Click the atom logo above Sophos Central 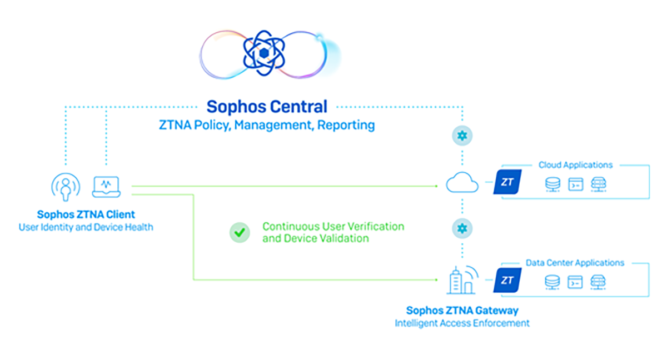pyautogui.click(x=264, y=53)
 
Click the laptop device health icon pyautogui.click(x=107, y=186)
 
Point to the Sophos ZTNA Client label pyautogui.click(x=86, y=214)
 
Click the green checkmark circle pyautogui.click(x=240, y=233)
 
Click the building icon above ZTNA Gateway pyautogui.click(x=461, y=279)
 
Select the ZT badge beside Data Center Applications pyautogui.click(x=507, y=280)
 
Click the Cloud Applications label pyautogui.click(x=575, y=165)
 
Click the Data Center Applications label pyautogui.click(x=575, y=263)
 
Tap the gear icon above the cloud pyautogui.click(x=462, y=136)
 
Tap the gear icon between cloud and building pyautogui.click(x=462, y=228)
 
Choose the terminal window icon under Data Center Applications pyautogui.click(x=575, y=282)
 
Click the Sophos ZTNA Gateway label pyautogui.click(x=462, y=311)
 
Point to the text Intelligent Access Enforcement pyautogui.click(x=462, y=323)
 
